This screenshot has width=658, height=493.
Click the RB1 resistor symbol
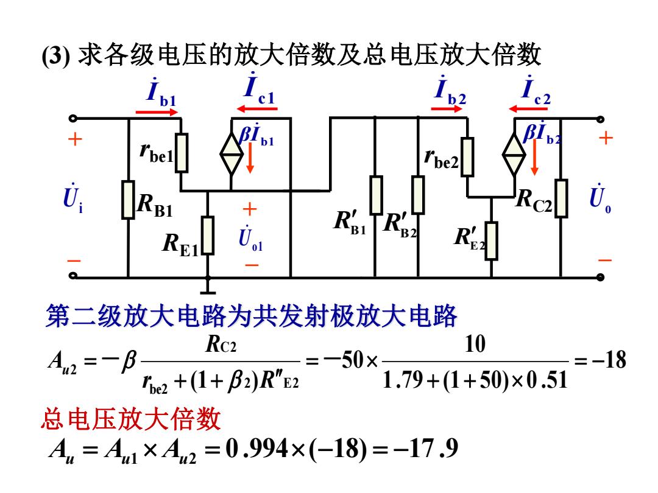[x=128, y=200]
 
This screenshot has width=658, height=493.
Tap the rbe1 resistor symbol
[x=182, y=153]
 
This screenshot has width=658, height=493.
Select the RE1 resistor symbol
[x=207, y=235]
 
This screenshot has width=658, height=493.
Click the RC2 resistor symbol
[x=561, y=198]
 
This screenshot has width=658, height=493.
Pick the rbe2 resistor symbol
[x=467, y=157]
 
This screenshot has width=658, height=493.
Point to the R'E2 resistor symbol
[x=492, y=241]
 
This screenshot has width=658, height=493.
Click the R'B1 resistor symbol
[x=376, y=195]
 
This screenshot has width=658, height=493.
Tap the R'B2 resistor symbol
[x=418, y=195]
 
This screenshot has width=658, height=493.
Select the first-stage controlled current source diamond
[x=232, y=154]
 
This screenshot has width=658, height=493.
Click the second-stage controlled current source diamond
[x=514, y=154]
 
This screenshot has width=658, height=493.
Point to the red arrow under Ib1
[x=157, y=112]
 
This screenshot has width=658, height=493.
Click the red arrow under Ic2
[x=528, y=109]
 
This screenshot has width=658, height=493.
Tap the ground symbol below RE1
[x=207, y=292]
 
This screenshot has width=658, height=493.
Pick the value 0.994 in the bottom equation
[x=256, y=449]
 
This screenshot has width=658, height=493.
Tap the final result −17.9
[x=425, y=449]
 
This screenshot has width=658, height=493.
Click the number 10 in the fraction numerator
[x=475, y=344]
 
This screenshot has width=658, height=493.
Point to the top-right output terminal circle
[x=600, y=119]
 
